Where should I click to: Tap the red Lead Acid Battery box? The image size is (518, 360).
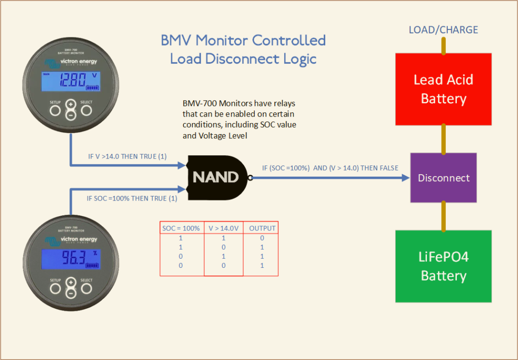443,89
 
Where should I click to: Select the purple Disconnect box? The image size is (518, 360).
443,178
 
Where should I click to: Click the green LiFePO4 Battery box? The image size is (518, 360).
443,266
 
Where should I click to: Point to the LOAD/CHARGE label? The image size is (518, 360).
443,30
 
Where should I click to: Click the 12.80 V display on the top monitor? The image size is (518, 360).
71,81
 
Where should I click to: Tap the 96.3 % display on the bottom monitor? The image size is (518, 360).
71,259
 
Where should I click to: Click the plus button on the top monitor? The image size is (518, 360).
70,104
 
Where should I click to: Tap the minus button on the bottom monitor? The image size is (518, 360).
71,293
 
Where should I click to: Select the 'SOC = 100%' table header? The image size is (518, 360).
181,228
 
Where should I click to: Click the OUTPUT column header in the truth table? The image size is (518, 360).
263,228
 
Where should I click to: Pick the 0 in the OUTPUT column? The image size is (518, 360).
262,237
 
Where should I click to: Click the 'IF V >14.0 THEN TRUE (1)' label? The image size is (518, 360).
127,156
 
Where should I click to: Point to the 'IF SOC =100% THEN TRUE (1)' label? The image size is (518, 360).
132,198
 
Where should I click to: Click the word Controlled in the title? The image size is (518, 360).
289,41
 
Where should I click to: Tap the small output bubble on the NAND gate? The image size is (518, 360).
250,178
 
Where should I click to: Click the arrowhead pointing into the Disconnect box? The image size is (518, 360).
406,178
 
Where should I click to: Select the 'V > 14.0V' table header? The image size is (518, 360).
224,228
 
